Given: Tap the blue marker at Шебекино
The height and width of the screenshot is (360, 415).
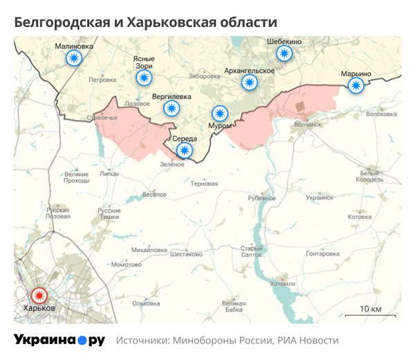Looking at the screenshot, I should pos(284,54).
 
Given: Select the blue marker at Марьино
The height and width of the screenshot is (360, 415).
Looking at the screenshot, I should pos(356,85).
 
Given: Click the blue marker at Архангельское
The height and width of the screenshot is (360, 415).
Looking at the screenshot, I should pos(249,82).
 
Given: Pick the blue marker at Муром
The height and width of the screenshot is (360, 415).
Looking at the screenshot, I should pos(220,113).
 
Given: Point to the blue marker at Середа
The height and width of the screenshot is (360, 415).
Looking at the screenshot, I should pos(185,150).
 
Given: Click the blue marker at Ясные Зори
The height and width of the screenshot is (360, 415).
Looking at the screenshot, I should pos(143,78).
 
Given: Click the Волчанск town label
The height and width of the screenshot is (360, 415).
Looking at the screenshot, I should pos(309,125).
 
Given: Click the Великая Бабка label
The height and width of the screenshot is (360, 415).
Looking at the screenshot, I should pos(234,306).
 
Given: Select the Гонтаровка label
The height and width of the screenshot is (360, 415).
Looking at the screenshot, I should pos(322,253).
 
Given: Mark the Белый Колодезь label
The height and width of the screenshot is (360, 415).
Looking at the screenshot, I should pos(369,177).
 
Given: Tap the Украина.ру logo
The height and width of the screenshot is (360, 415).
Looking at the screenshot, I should pos(59,340).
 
